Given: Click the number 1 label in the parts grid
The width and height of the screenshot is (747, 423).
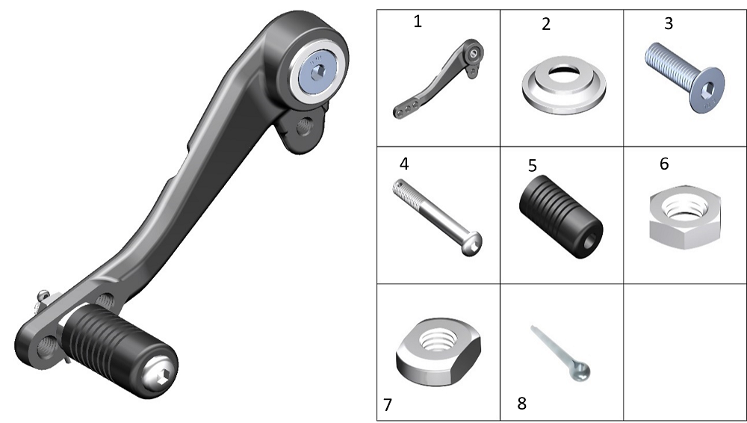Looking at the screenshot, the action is (418, 22).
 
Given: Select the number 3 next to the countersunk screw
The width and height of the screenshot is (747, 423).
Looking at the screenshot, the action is (669, 23).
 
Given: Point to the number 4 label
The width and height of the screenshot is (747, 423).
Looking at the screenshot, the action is (404, 164).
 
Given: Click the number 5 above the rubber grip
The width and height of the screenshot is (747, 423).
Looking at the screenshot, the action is (533, 166).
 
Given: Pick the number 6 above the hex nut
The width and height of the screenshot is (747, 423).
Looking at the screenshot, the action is (664, 164).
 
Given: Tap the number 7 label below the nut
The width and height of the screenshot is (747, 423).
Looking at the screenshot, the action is (388, 405).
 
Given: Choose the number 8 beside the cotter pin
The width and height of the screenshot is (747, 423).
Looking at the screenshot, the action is (521, 404).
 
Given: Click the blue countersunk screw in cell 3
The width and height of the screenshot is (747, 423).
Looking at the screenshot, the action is (684, 78).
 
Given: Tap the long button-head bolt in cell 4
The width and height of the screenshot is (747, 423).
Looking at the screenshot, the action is (437, 217).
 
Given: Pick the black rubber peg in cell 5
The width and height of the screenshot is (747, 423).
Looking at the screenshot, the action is (561, 217).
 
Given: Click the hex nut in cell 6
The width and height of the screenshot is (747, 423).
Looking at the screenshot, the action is (684, 217).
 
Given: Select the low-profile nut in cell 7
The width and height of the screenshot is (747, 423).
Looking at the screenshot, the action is (438, 351).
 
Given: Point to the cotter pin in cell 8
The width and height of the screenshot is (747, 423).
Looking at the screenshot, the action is (560, 353).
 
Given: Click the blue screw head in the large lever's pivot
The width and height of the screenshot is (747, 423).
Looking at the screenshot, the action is (319, 72).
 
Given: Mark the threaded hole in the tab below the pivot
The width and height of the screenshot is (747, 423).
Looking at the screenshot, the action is (303, 127).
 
